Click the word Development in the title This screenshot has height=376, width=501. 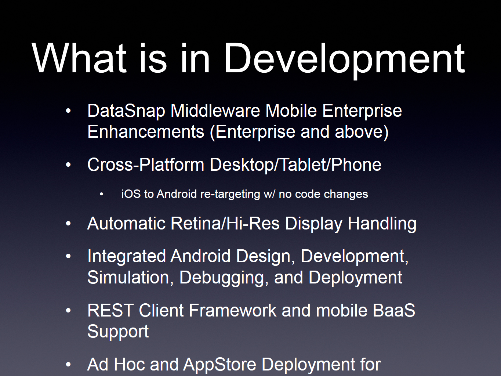(345, 60)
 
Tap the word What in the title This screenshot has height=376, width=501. (79, 58)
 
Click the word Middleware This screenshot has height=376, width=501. (215, 111)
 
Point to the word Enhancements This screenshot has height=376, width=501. (146, 131)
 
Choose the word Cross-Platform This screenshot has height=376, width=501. (146, 164)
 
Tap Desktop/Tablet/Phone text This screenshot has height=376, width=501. (295, 165)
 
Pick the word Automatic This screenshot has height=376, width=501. (126, 223)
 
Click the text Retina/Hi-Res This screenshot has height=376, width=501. (225, 223)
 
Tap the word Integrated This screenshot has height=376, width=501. (127, 256)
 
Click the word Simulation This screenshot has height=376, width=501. (131, 278)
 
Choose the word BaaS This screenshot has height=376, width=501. (394, 311)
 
